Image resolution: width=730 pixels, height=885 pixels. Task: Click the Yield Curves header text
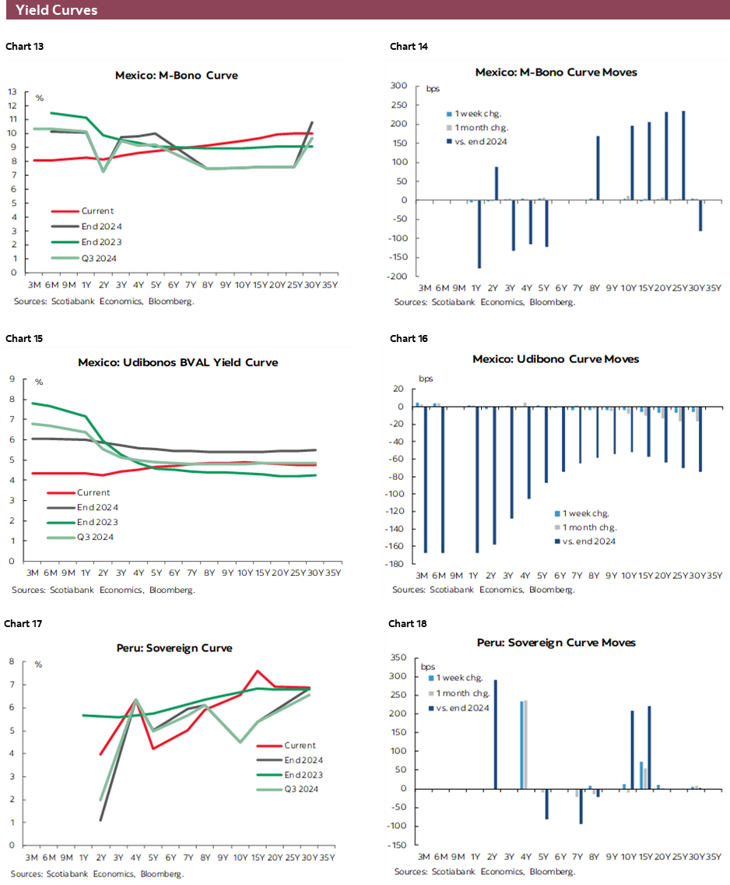[57, 10]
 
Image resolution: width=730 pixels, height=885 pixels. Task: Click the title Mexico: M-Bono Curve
[177, 76]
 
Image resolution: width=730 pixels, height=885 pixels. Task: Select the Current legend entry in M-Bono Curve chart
[97, 211]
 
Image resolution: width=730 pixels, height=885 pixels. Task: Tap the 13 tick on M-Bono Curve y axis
[13, 91]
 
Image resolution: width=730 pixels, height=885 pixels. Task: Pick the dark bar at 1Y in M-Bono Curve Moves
[479, 234]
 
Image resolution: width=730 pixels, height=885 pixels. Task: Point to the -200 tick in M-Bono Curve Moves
[398, 277]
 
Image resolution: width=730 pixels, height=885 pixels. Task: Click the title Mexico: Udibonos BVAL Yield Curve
[177, 362]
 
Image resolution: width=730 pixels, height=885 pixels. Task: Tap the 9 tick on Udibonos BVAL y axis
[13, 379]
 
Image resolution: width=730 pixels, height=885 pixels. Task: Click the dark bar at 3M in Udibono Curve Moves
[426, 479]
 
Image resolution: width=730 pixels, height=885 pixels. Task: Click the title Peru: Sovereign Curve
[177, 648]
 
